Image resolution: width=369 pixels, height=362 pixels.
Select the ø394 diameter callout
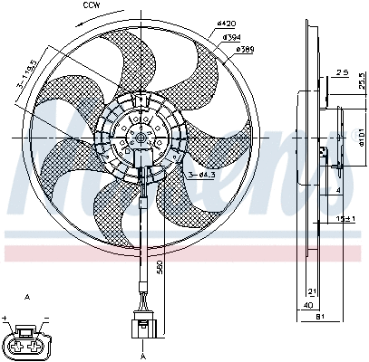(x=232, y=38)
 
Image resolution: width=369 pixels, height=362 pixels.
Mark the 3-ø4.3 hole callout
(x=202, y=173)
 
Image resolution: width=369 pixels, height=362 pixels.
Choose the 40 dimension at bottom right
(x=310, y=306)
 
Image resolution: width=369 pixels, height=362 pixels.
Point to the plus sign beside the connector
(x=6, y=319)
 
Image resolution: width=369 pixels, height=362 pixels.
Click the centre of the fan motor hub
(x=141, y=137)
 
